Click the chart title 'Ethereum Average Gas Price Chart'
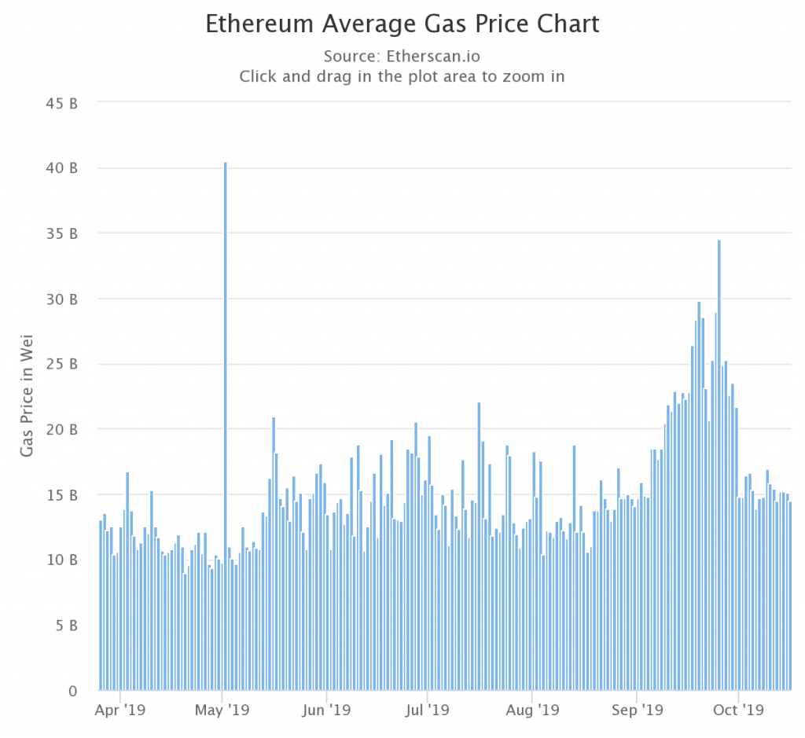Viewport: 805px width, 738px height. click(x=402, y=24)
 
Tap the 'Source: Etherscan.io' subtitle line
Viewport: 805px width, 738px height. click(x=402, y=57)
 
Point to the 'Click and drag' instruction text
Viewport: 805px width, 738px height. click(x=402, y=77)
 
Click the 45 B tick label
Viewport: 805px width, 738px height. click(x=61, y=103)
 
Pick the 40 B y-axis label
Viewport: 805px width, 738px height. click(x=61, y=168)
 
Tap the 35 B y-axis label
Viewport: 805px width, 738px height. click(x=61, y=233)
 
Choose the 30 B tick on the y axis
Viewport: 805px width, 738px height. click(x=61, y=299)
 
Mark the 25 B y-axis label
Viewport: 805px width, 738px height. click(x=61, y=365)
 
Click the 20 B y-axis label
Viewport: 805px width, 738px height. click(x=61, y=430)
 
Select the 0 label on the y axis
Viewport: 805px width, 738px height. click(x=72, y=691)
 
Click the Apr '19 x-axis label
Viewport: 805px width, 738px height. click(x=119, y=710)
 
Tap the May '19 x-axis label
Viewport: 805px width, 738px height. click(x=222, y=710)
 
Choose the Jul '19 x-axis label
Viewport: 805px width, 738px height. click(x=427, y=710)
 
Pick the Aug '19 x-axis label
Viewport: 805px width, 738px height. click(x=532, y=710)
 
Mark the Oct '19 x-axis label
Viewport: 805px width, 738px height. click(x=738, y=710)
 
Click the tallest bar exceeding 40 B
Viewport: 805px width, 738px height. click(x=226, y=424)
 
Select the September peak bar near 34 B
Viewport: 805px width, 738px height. click(x=719, y=464)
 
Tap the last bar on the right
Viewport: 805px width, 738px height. click(x=790, y=597)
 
